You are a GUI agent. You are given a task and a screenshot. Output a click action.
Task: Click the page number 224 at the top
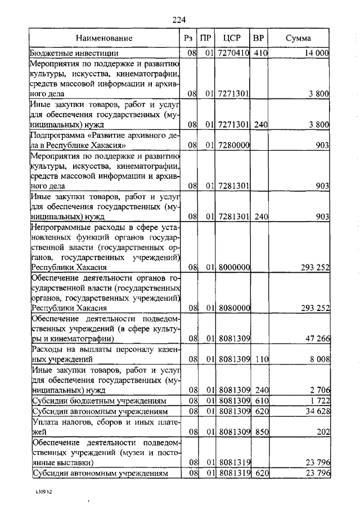tap(179, 21)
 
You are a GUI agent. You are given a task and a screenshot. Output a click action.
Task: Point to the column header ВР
tap(259, 39)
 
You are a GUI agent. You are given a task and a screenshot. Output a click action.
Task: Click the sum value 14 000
tap(314, 53)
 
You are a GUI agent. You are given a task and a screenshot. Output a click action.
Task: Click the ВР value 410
tap(260, 53)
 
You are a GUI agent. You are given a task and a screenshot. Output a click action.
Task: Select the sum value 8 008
tap(318, 360)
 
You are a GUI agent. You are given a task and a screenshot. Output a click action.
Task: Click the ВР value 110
tap(260, 360)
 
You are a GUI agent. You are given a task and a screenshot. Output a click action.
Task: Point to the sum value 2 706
tap(318, 390)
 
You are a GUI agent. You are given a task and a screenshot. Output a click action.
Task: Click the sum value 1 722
tap(318, 401)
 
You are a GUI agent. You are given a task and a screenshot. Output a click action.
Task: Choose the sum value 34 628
tap(316, 412)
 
